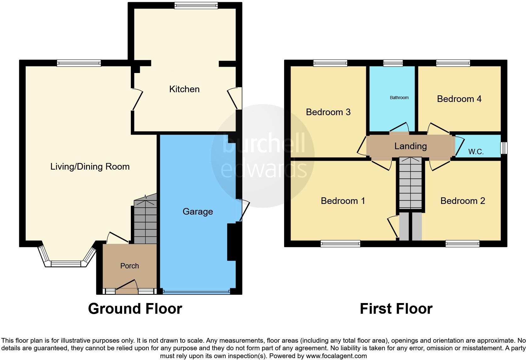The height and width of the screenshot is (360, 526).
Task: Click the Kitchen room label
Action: (x=184, y=89)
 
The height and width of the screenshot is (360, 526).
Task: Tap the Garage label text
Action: (x=198, y=211)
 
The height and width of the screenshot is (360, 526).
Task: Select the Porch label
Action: (x=130, y=266)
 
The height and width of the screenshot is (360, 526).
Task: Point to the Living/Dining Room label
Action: (x=90, y=166)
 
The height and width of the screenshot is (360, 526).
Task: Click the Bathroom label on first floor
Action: (x=399, y=98)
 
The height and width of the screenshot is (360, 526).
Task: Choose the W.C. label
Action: (x=476, y=152)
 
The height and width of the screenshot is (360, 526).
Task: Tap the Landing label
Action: (x=411, y=146)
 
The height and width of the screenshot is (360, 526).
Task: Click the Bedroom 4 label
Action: (x=459, y=99)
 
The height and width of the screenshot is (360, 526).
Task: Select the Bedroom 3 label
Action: (x=328, y=112)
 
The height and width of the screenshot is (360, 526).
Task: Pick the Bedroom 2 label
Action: (x=462, y=201)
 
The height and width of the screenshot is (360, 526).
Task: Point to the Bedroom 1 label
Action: (x=343, y=201)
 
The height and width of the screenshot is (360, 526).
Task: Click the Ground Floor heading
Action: (x=135, y=309)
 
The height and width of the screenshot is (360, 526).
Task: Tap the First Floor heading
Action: (x=396, y=309)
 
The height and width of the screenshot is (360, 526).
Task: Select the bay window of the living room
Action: (x=66, y=263)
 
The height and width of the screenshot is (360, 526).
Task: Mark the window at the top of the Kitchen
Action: (x=196, y=5)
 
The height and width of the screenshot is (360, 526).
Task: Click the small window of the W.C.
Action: (x=504, y=148)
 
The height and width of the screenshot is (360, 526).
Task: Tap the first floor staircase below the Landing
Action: (x=411, y=184)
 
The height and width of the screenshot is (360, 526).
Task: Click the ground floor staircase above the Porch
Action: (x=145, y=220)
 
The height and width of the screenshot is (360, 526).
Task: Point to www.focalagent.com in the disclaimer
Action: (x=336, y=356)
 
